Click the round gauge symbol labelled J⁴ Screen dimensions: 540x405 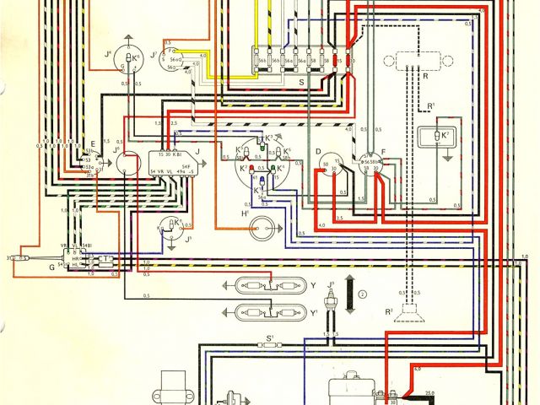129,57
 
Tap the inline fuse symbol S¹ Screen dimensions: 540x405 271,346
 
